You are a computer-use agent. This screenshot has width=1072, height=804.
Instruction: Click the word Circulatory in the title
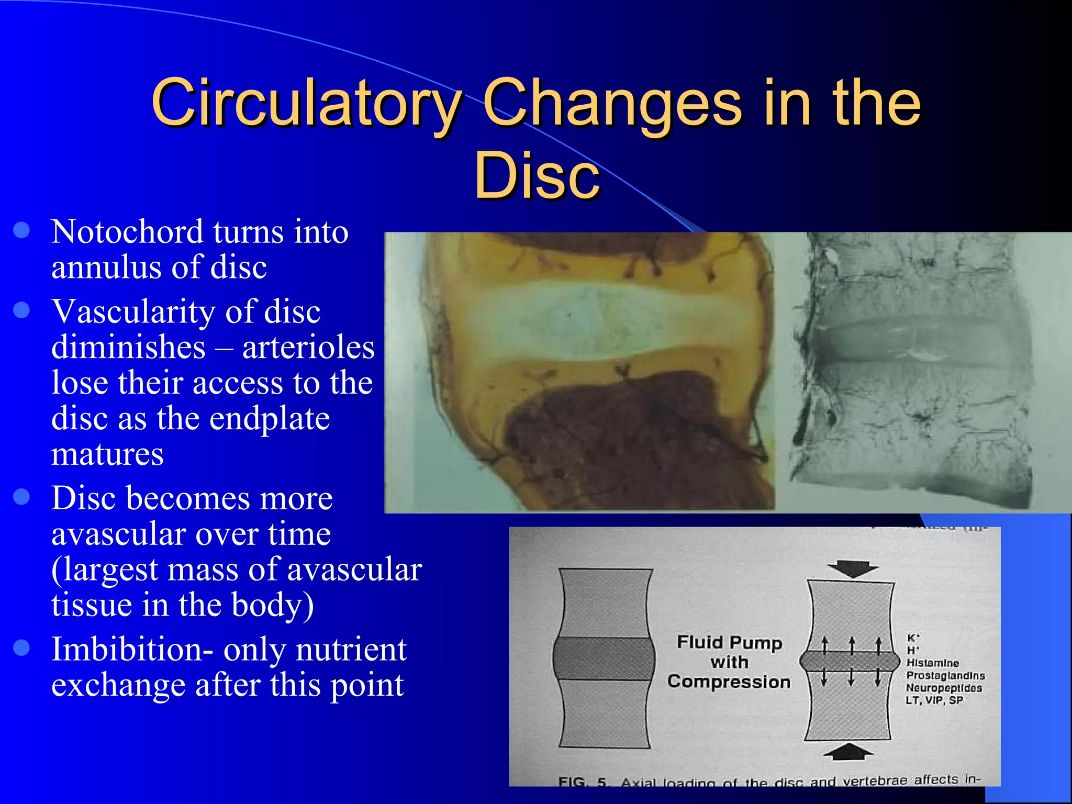pos(306,103)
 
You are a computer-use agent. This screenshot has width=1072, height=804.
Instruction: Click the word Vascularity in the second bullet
pos(133,312)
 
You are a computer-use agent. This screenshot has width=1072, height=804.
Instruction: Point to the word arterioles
pos(308,348)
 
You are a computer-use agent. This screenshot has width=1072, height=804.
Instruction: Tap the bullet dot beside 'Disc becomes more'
pos(21,496)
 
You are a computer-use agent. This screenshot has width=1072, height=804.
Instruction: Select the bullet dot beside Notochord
pos(21,230)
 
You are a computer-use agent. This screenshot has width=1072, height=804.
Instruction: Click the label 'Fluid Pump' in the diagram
pos(729,642)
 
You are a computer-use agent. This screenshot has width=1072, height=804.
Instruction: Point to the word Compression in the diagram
pos(729,682)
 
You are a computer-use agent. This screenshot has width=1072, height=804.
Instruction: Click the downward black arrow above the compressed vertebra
pos(852,568)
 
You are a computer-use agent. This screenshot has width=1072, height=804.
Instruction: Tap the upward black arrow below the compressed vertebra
pos(848,752)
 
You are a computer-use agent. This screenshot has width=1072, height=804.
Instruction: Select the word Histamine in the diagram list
pos(933,663)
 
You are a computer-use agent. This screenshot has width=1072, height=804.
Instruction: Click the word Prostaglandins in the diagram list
pos(945,676)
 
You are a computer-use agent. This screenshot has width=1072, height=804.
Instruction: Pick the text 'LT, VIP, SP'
pos(934,700)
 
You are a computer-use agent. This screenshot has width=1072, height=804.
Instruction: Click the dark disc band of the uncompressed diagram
pos(604,658)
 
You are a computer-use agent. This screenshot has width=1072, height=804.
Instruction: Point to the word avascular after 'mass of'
pos(354,570)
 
